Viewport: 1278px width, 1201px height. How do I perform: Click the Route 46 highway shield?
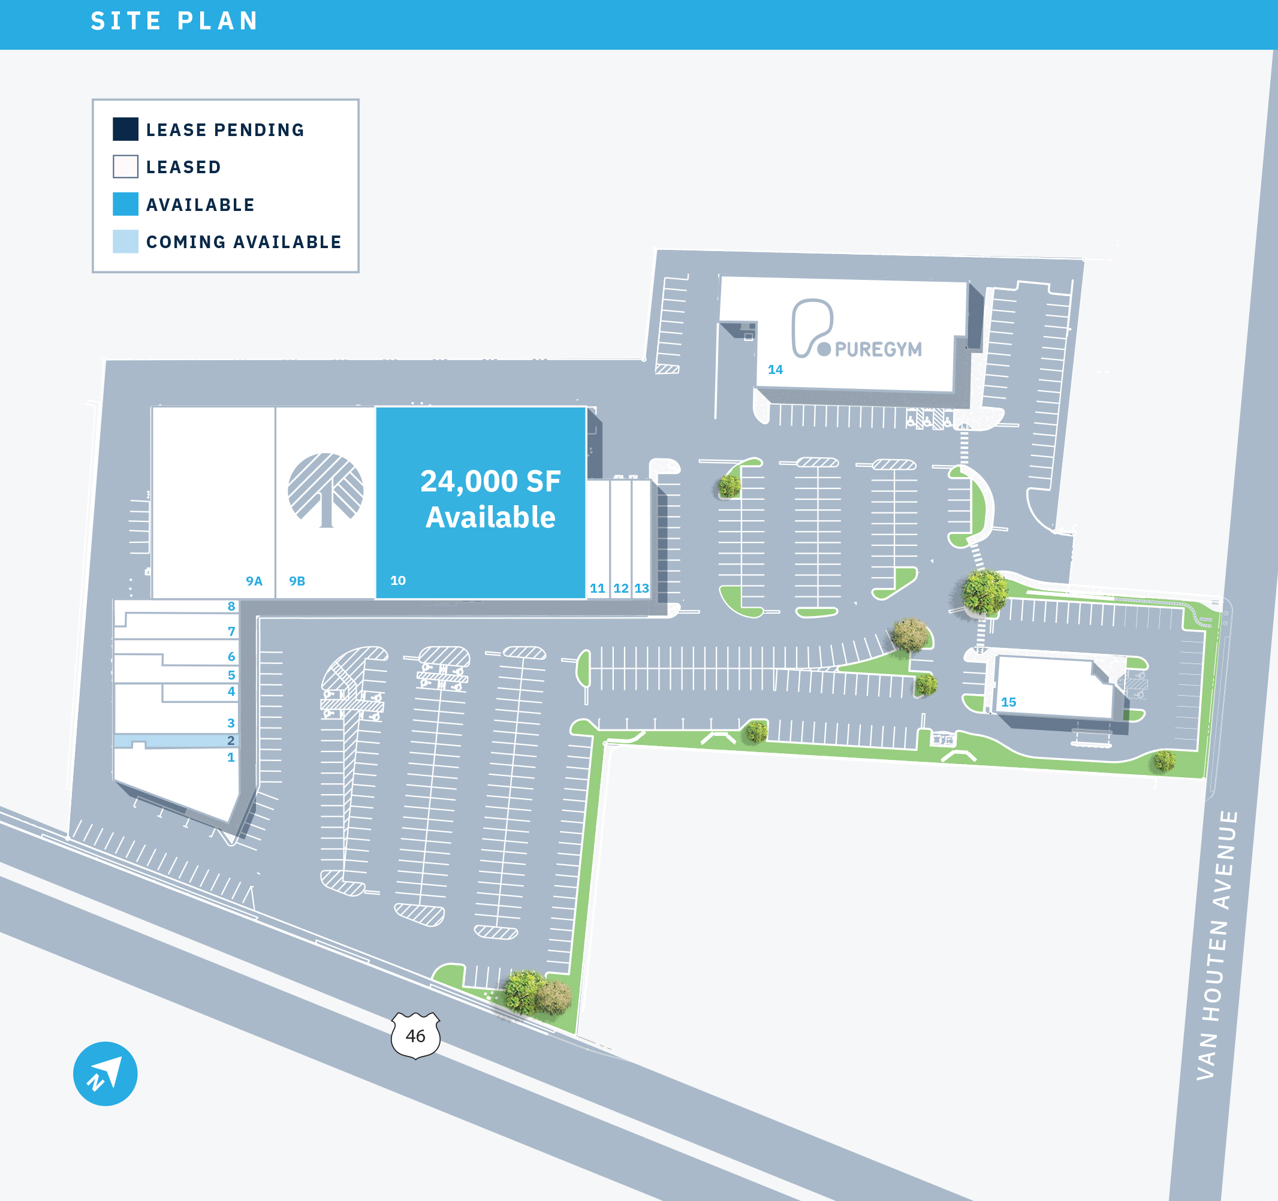[x=415, y=1035]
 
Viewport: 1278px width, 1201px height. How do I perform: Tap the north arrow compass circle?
[x=106, y=1074]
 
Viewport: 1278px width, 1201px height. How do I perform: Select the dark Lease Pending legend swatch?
[x=125, y=129]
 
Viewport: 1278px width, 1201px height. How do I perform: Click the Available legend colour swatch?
[x=125, y=204]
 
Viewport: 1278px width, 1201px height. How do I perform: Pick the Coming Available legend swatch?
[x=125, y=242]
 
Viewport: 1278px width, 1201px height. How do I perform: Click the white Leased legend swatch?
[x=125, y=167]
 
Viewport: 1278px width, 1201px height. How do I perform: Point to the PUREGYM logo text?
[x=878, y=349]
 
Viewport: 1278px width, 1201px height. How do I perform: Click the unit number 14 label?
[x=775, y=370]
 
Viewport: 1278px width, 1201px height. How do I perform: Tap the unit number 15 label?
[x=1008, y=702]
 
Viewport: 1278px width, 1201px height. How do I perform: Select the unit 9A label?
[x=254, y=581]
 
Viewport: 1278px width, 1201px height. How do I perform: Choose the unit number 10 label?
[x=398, y=580]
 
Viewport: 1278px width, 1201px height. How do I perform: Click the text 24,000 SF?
[x=490, y=481]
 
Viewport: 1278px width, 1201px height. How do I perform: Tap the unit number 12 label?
[x=620, y=588]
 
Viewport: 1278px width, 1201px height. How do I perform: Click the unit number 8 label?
[x=231, y=606]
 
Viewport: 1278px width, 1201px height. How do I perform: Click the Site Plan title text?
[x=174, y=21]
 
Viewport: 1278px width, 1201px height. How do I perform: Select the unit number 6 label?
[x=231, y=657]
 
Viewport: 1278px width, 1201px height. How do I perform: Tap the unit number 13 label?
[x=641, y=588]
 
